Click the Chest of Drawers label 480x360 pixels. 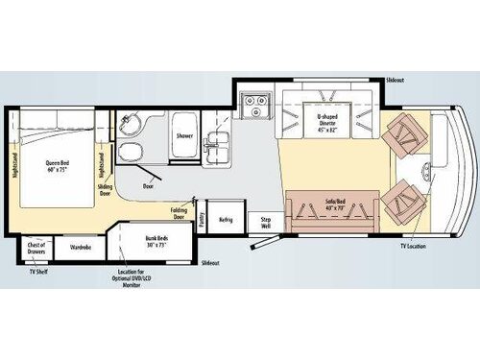point(37,247)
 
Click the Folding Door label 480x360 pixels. point(179,211)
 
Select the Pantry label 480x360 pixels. point(203,220)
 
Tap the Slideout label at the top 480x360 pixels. point(394,79)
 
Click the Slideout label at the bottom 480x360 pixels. point(211,262)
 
